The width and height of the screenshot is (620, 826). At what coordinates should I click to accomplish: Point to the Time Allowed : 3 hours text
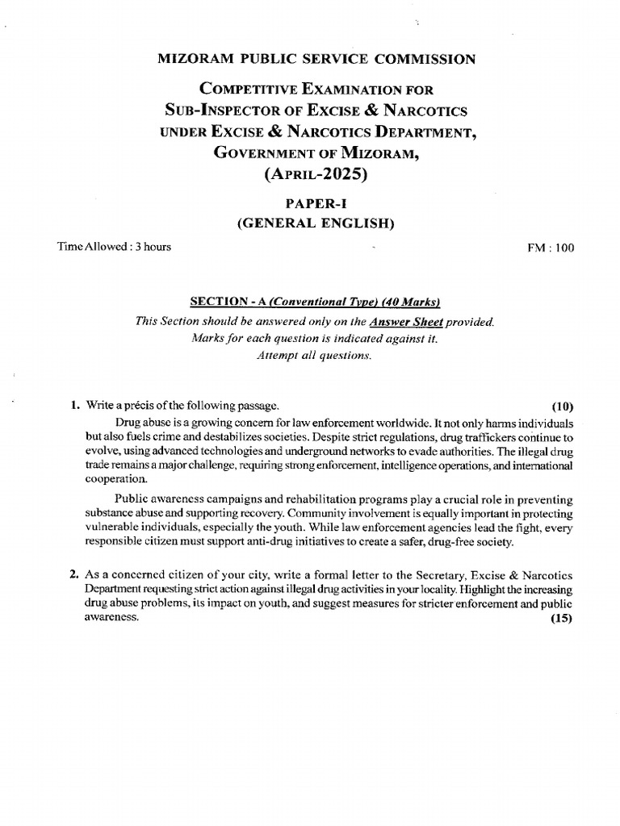click(x=114, y=248)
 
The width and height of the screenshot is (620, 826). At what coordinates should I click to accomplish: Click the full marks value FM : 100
click(x=551, y=248)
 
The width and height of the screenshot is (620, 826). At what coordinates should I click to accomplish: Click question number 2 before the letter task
click(x=73, y=575)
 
